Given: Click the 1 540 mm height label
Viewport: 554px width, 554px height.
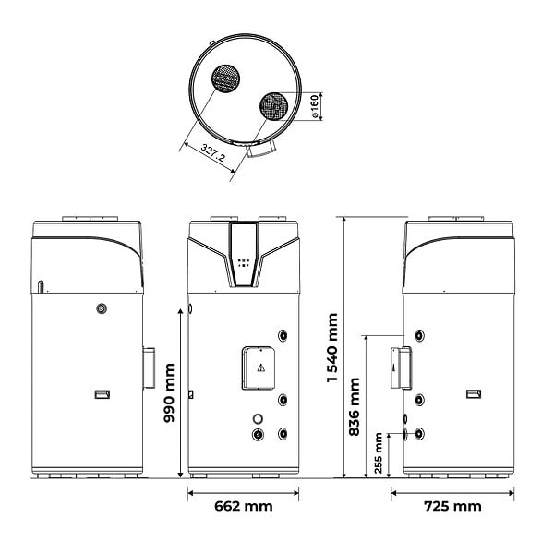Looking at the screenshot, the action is pyautogui.click(x=332, y=348).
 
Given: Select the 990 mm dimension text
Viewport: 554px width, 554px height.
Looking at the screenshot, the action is pyautogui.click(x=169, y=393).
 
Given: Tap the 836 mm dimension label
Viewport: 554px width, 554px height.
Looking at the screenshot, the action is pyautogui.click(x=354, y=406).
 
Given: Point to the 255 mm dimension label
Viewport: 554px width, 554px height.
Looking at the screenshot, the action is pyautogui.click(x=379, y=453).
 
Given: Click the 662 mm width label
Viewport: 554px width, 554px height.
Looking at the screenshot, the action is pyautogui.click(x=244, y=506).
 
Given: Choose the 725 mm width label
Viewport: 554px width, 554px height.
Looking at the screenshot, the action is pyautogui.click(x=452, y=506).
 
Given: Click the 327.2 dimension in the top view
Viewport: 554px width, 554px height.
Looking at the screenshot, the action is pyautogui.click(x=212, y=152).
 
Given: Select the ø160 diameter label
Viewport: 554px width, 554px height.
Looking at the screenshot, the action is pyautogui.click(x=314, y=107).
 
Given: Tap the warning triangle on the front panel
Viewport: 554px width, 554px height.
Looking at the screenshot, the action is pyautogui.click(x=260, y=367).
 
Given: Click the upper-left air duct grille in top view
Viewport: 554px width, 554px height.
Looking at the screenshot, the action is pyautogui.click(x=226, y=78).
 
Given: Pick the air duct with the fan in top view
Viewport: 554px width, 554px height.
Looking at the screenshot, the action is pyautogui.click(x=274, y=106).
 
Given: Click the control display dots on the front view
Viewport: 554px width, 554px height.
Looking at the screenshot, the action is pyautogui.click(x=244, y=263).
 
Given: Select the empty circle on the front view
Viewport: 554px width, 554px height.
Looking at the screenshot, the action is pyautogui.click(x=258, y=419).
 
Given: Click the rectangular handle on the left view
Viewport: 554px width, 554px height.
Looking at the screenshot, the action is pyautogui.click(x=102, y=394).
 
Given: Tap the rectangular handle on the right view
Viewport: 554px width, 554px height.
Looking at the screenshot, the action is pyautogui.click(x=474, y=394).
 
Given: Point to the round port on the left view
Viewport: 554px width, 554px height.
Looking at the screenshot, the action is pyautogui.click(x=102, y=308).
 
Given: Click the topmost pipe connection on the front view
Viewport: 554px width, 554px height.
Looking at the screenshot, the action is pyautogui.click(x=283, y=335).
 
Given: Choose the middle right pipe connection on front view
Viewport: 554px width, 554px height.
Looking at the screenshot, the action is pyautogui.click(x=283, y=400).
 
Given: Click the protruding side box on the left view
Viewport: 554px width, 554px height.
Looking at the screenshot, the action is pyautogui.click(x=149, y=367).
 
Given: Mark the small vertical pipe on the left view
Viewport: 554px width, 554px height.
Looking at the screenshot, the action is pyautogui.click(x=41, y=286).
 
